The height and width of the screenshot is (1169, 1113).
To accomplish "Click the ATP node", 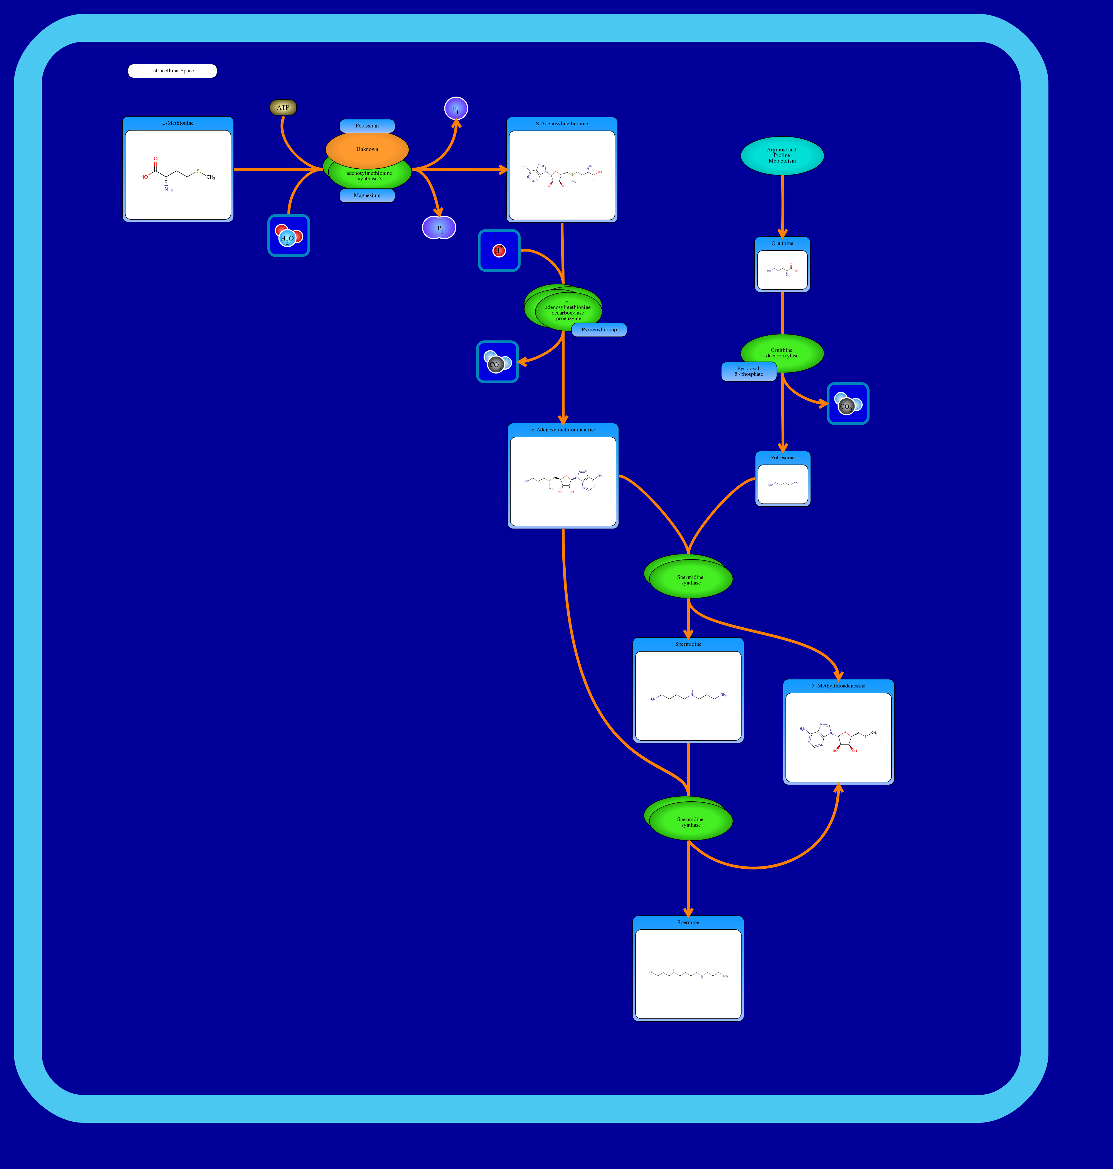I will point(283,107).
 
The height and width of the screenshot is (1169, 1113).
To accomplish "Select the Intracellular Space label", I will point(172,71).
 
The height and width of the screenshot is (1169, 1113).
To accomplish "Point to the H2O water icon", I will point(288,236).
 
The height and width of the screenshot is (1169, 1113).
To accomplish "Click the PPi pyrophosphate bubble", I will point(439,228).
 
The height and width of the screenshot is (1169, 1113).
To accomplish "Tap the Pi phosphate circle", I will point(456,109).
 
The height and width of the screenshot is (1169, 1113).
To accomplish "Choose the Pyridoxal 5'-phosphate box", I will point(748,372).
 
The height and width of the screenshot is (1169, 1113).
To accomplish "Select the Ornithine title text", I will point(782,243).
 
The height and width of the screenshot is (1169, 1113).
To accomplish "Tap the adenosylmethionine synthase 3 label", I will point(369,176).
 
